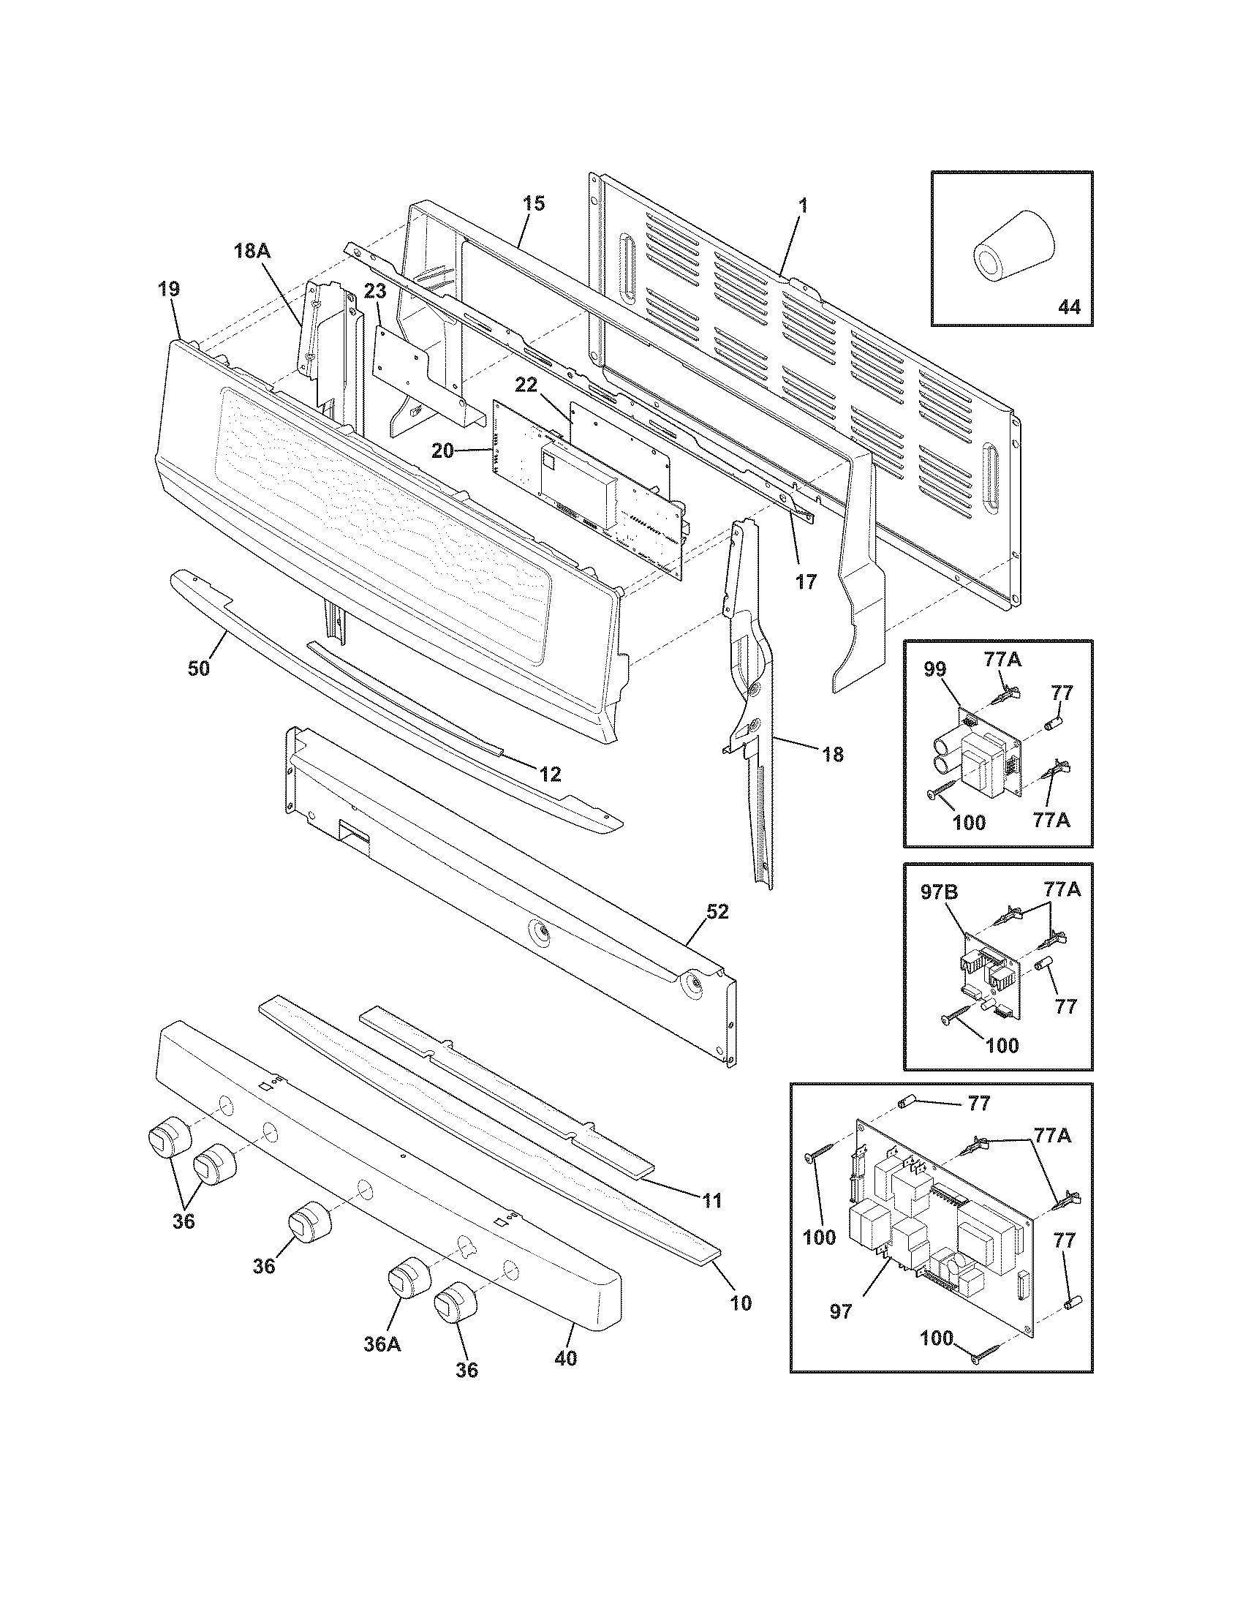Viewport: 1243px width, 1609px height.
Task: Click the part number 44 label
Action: point(1068,306)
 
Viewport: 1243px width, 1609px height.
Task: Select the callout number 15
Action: point(534,203)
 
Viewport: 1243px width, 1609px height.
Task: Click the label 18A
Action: point(252,251)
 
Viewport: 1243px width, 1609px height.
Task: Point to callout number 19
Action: point(169,289)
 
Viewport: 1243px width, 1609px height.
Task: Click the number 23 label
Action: point(374,292)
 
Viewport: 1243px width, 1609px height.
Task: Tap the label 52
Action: point(717,911)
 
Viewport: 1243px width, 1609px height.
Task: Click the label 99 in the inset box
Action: point(934,669)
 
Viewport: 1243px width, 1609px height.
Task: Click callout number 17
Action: point(806,581)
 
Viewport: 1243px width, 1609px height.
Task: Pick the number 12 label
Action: point(550,774)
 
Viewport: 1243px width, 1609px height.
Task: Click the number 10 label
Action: point(741,1303)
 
